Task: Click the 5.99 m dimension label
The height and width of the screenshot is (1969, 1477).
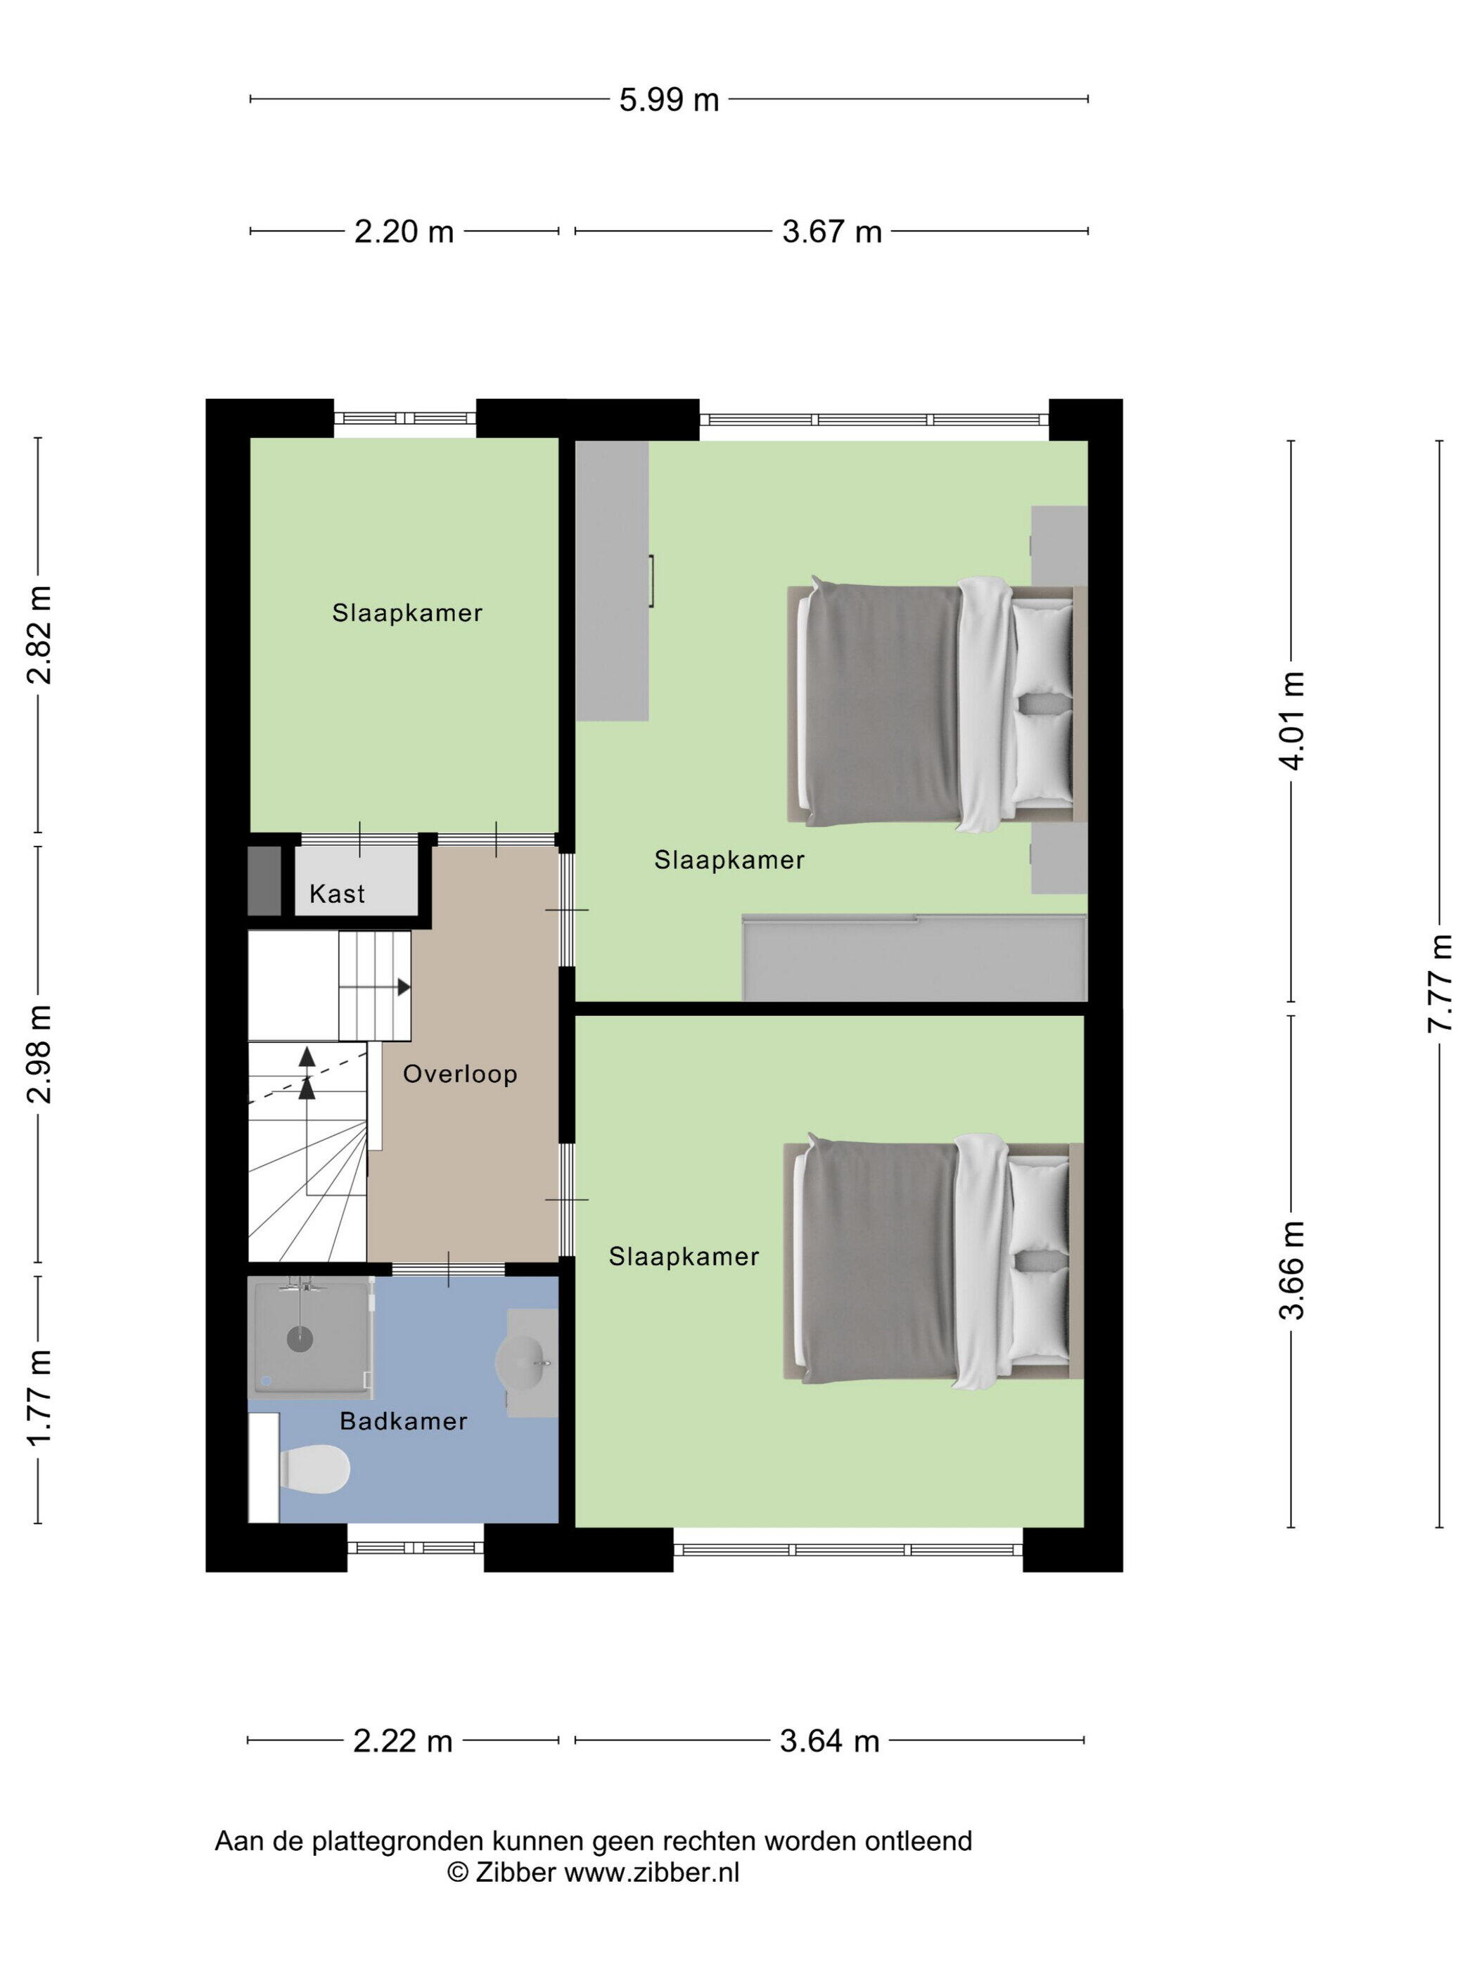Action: pos(669,100)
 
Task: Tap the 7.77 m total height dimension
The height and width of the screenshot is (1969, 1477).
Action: pos(1440,982)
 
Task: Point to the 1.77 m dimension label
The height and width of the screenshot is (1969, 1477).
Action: pos(38,1397)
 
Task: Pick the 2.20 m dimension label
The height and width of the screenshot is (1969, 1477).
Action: pos(404,231)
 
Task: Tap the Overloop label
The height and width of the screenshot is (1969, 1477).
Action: pos(459,1074)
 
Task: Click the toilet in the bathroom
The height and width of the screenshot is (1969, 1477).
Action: pos(314,1469)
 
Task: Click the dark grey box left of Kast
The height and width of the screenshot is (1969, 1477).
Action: pos(264,880)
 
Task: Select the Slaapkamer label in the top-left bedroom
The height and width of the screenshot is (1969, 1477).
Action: pos(407,612)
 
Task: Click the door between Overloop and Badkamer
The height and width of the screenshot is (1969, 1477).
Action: pos(448,1269)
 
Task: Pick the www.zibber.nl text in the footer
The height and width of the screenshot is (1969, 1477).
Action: pos(652,1872)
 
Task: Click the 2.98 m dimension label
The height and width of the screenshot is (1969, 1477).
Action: pos(38,1054)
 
